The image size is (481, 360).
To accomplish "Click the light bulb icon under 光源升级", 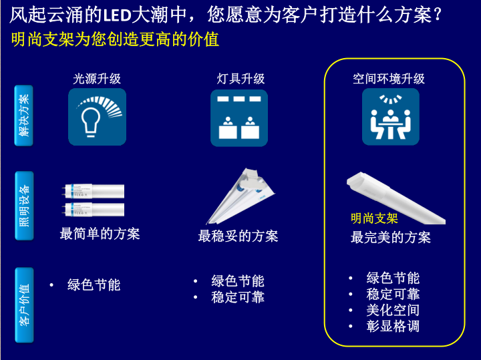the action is [x=97, y=117].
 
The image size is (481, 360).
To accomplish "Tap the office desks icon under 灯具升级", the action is [x=239, y=118].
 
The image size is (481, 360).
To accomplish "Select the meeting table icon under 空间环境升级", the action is [x=391, y=117].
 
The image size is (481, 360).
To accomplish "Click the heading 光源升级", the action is [x=97, y=79].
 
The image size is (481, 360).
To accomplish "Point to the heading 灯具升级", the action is [x=240, y=79].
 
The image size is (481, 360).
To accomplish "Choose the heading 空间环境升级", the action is [x=389, y=79].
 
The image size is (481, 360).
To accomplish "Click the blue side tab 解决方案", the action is [x=23, y=116].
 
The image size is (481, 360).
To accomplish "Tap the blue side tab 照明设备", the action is [x=24, y=206].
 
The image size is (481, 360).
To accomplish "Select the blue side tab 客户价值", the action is [x=24, y=305].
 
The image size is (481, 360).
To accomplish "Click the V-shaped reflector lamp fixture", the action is [x=240, y=196].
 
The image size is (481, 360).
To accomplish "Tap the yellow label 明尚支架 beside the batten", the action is [x=374, y=218].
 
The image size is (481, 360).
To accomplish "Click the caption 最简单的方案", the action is [x=100, y=234].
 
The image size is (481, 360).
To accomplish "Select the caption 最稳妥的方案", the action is [x=238, y=236].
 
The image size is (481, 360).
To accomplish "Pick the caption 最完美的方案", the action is [x=391, y=237].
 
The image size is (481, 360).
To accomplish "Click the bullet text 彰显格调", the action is [x=393, y=326].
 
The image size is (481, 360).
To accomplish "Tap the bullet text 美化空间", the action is [x=393, y=310].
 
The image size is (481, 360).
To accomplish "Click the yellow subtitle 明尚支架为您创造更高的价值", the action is [x=115, y=39].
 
